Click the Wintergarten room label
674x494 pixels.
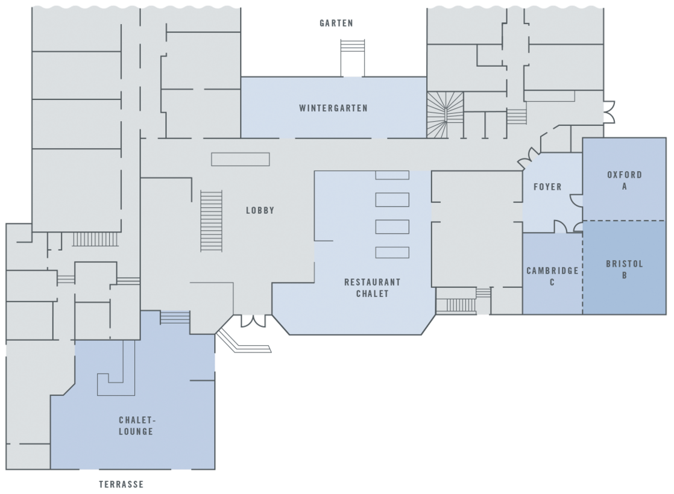click(333, 108)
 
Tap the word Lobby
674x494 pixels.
click(260, 211)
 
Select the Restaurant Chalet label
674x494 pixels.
click(372, 287)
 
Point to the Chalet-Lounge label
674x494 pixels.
click(136, 425)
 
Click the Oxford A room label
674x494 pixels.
click(624, 181)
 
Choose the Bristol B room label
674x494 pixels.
click(624, 269)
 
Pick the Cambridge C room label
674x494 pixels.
click(552, 276)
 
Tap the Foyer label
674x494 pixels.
click(547, 187)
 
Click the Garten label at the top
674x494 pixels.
click(336, 23)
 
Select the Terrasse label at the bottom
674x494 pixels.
click(121, 484)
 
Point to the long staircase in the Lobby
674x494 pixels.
click(211, 220)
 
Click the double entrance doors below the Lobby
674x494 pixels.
click(253, 321)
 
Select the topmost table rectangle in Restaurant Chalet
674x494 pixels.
click(392, 175)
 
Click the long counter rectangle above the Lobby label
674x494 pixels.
click(240, 159)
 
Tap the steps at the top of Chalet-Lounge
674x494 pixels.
click(175, 317)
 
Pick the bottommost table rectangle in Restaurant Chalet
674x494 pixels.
click(392, 252)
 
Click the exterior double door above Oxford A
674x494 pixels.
click(609, 113)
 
